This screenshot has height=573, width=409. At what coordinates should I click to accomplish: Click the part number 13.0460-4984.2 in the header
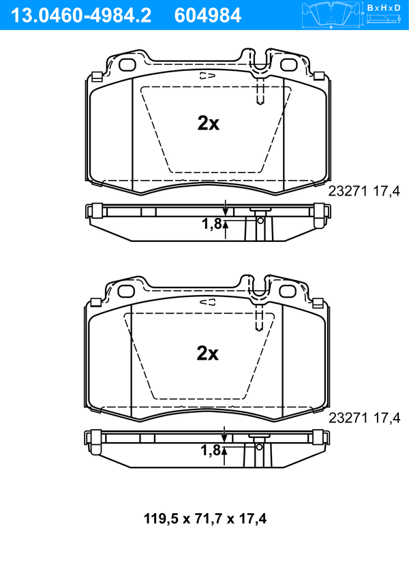coord(81,16)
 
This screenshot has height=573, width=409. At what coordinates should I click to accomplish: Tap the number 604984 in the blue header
coord(208,16)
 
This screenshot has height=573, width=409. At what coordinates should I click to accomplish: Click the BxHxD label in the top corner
coord(384,7)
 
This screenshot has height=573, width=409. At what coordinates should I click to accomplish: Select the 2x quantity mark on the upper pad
coord(208,123)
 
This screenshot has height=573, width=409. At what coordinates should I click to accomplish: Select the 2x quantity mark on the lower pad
coord(207,353)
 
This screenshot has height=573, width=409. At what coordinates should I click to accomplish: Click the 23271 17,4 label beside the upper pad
coord(364,191)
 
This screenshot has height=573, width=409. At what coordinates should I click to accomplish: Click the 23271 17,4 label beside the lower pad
coord(365,418)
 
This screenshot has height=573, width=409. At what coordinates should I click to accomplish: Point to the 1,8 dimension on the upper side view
coord(212,224)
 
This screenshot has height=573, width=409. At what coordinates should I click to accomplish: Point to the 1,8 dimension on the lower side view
coord(211,450)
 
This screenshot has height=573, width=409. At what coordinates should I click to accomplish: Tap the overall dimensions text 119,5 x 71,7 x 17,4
coord(205,518)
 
